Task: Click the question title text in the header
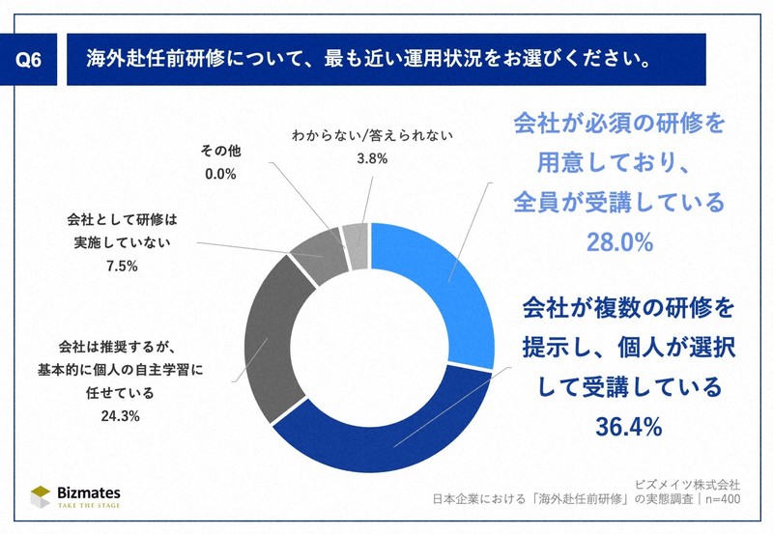[367, 57]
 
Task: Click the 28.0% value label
[619, 242]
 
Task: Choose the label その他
[220, 152]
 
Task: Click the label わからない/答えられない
[372, 136]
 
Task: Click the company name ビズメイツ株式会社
[687, 483]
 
